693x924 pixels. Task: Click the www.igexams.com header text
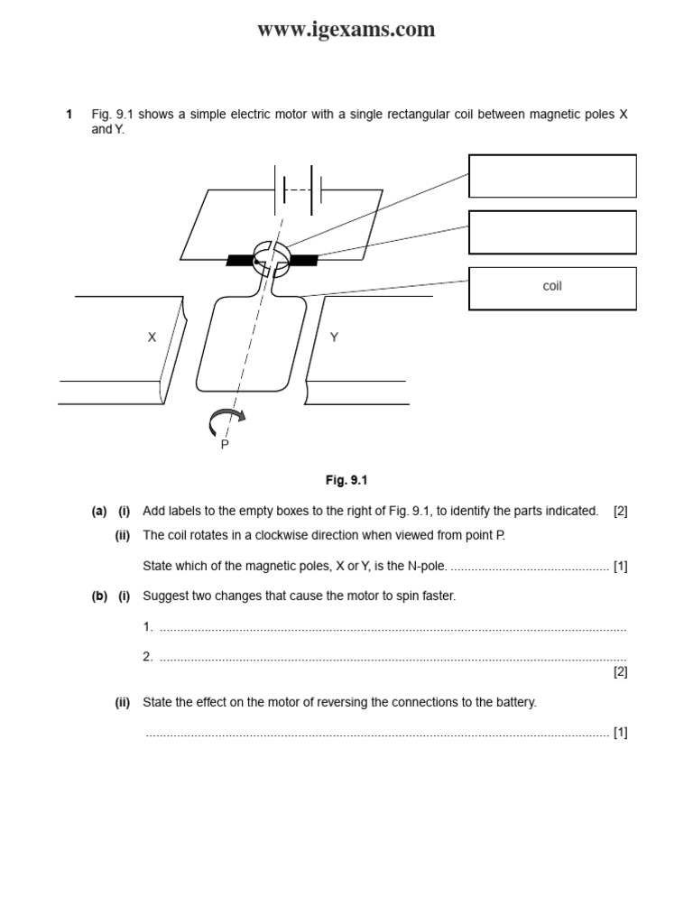point(346,30)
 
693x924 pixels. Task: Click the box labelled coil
point(552,288)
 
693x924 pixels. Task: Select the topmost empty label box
point(552,176)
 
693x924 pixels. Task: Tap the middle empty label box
point(552,232)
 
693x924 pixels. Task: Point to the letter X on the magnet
point(152,337)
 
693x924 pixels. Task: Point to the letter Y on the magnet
point(334,337)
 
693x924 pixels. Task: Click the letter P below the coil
point(225,445)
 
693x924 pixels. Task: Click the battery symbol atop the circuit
point(299,189)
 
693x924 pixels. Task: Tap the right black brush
point(304,261)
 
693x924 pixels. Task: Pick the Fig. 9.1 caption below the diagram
point(346,481)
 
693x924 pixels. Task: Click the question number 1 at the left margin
point(69,115)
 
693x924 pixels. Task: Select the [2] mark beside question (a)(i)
point(620,511)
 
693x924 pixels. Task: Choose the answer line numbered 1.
point(388,628)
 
